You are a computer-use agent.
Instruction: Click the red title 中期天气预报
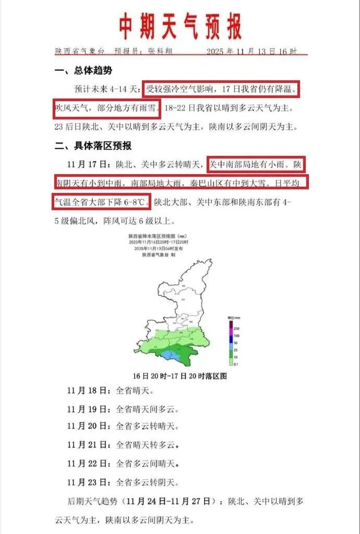pyautogui.click(x=180, y=26)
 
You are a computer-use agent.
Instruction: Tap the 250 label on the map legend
pyautogui.click(x=237, y=328)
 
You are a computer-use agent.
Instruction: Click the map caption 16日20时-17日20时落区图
pyautogui.click(x=180, y=375)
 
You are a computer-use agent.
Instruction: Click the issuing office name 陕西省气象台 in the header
pyautogui.click(x=81, y=51)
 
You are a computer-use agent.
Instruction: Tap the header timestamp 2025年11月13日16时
pyautogui.click(x=251, y=51)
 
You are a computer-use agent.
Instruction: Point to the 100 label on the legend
pyautogui.click(x=237, y=335)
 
